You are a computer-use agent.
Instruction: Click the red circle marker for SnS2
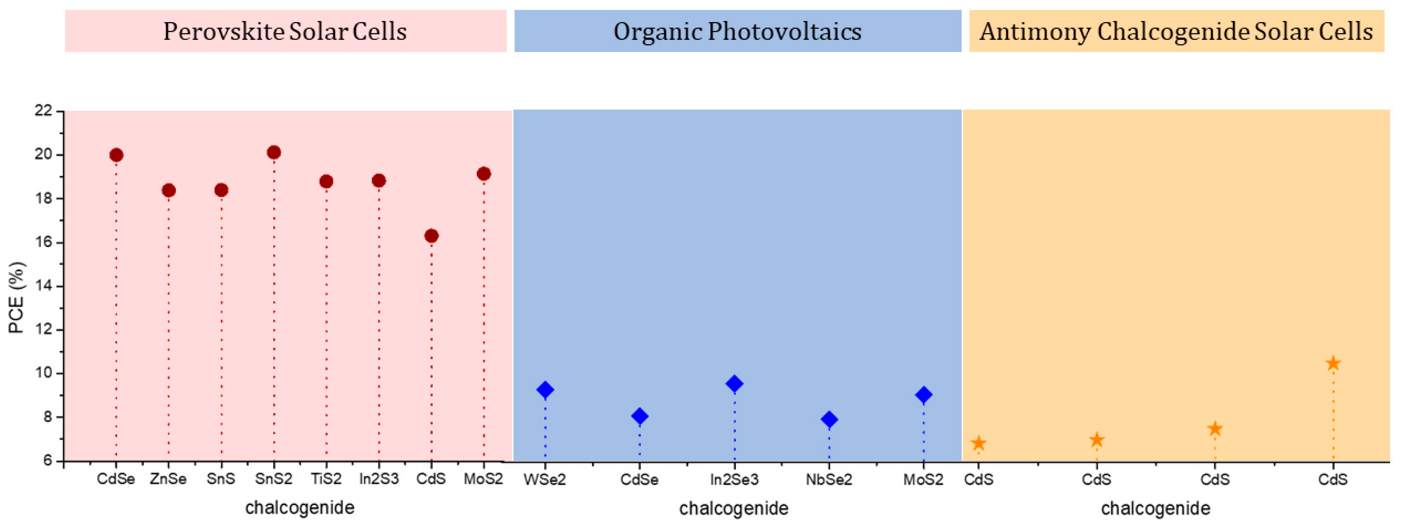(274, 152)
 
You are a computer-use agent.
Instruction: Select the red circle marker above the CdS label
(431, 236)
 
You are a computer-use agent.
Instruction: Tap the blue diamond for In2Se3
(734, 384)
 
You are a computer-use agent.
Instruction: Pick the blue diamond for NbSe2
(829, 419)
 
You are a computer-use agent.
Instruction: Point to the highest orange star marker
(1333, 363)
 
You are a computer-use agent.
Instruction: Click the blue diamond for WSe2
(545, 389)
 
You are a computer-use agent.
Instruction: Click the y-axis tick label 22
(43, 111)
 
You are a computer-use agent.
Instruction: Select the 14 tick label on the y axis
(43, 286)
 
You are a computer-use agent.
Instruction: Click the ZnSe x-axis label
(168, 479)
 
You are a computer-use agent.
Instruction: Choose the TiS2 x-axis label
(326, 479)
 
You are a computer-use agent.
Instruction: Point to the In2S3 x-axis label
(379, 479)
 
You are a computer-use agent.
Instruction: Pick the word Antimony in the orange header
(1035, 32)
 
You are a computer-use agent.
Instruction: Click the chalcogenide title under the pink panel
(300, 508)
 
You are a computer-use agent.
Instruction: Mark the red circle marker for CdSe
(116, 155)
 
